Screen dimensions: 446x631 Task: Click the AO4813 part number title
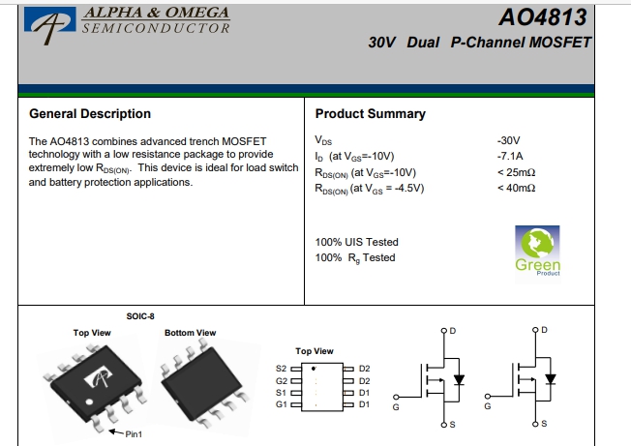[543, 17]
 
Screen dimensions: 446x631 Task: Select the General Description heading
[90, 114]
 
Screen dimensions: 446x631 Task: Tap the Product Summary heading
[370, 114]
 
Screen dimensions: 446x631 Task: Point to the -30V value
[508, 140]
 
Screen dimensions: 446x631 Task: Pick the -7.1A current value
[509, 156]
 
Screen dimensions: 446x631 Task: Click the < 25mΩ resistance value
[515, 172]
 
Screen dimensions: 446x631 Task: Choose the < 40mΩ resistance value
[515, 188]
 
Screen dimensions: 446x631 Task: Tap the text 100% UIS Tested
[357, 242]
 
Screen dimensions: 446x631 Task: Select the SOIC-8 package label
[141, 317]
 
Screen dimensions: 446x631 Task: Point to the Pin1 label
[134, 434]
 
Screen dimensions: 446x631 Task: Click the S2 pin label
[282, 369]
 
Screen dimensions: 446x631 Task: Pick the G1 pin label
[282, 404]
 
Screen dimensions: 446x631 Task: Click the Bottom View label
[191, 333]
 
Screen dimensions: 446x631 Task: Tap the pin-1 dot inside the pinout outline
[313, 370]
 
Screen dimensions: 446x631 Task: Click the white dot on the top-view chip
[90, 400]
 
